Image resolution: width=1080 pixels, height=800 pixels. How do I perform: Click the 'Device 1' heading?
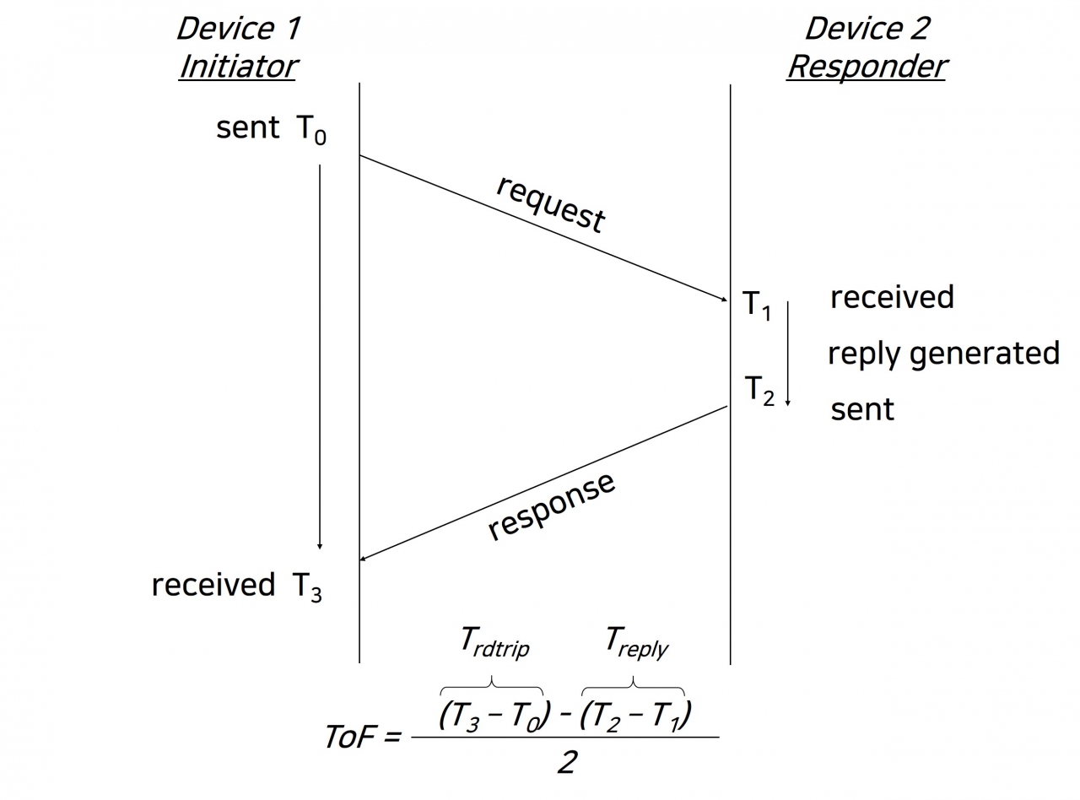pos(237,29)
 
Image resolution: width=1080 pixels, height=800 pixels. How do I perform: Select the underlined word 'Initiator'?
pos(237,66)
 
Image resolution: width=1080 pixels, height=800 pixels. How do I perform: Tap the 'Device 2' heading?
pos(867,29)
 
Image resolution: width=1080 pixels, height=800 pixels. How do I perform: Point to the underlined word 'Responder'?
pos(867,66)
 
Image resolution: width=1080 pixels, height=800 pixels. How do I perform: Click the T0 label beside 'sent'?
pos(310,130)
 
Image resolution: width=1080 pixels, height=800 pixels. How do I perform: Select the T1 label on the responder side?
pos(757,305)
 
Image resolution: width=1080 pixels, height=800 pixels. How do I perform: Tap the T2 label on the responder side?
pos(759,391)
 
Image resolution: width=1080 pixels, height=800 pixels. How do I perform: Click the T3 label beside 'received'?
pos(307,586)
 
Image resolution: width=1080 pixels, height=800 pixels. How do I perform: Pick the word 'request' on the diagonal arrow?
pos(550,203)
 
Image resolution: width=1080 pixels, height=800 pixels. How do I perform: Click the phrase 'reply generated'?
pos(943,354)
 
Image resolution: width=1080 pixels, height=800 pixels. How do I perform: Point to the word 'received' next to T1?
pos(892,297)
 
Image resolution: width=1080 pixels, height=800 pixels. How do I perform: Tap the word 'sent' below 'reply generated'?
pos(862,409)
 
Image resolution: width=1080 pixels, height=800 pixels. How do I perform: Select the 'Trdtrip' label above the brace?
pos(495,642)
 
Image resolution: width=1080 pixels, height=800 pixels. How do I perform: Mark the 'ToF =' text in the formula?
pos(362,737)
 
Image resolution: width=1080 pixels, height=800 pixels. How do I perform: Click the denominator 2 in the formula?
pos(567,763)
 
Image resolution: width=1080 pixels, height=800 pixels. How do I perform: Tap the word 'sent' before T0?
pos(247,128)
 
